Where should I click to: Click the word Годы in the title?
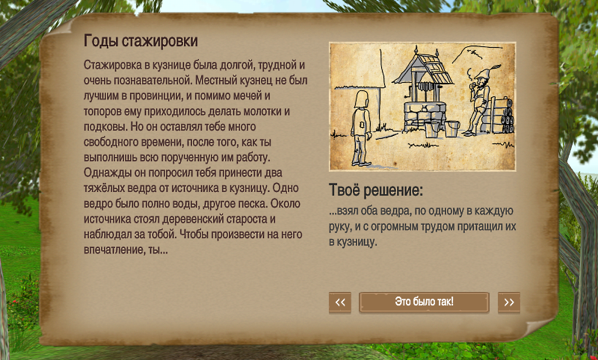click(101, 41)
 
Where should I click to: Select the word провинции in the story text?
click(155, 96)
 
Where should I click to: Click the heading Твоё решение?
click(376, 190)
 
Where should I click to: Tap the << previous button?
click(340, 302)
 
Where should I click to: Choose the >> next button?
click(509, 302)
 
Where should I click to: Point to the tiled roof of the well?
click(422, 69)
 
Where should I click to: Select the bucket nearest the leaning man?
click(452, 128)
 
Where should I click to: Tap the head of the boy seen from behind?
click(361, 99)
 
